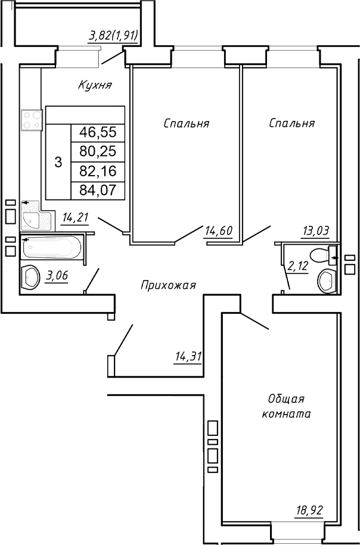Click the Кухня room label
(x=95, y=85)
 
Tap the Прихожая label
(x=168, y=285)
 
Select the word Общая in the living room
(x=286, y=399)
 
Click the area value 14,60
(x=218, y=231)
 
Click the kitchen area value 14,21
(x=75, y=217)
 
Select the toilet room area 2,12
(x=298, y=266)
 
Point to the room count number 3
(x=58, y=161)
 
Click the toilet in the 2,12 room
(x=325, y=256)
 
